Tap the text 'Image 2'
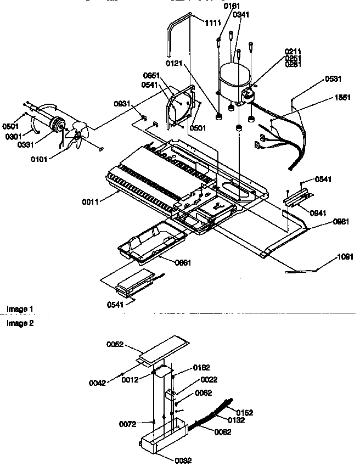tap(20, 323)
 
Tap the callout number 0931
tap(122, 103)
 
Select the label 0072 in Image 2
tap(128, 424)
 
